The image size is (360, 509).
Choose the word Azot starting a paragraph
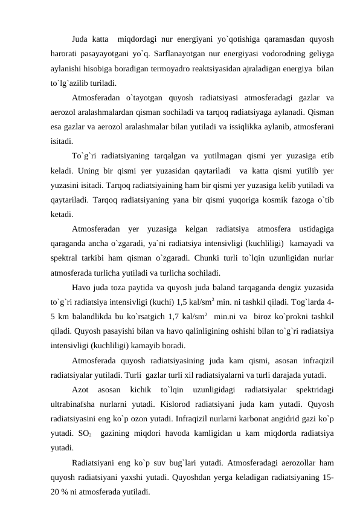click(x=80, y=387)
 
